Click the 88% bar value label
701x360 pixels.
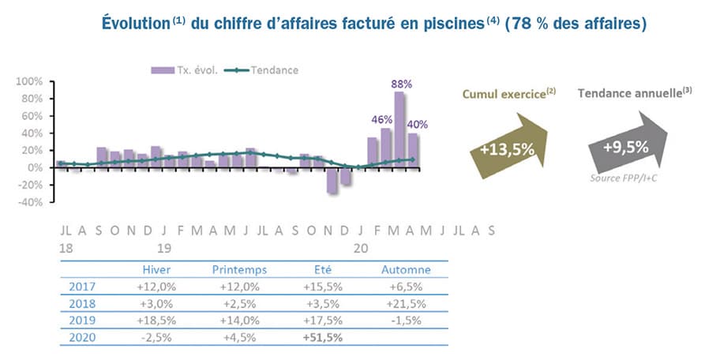pos(402,83)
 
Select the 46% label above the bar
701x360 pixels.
pos(383,119)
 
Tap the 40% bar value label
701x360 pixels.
pos(418,124)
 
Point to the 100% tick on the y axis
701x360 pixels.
pos(29,81)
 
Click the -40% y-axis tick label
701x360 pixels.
pos(29,202)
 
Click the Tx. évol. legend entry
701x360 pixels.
pos(189,69)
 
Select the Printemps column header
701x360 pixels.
pos(239,269)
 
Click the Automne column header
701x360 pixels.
pos(406,269)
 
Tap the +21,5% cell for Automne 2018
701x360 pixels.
pos(406,302)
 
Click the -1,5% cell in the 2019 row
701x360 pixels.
pos(406,320)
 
